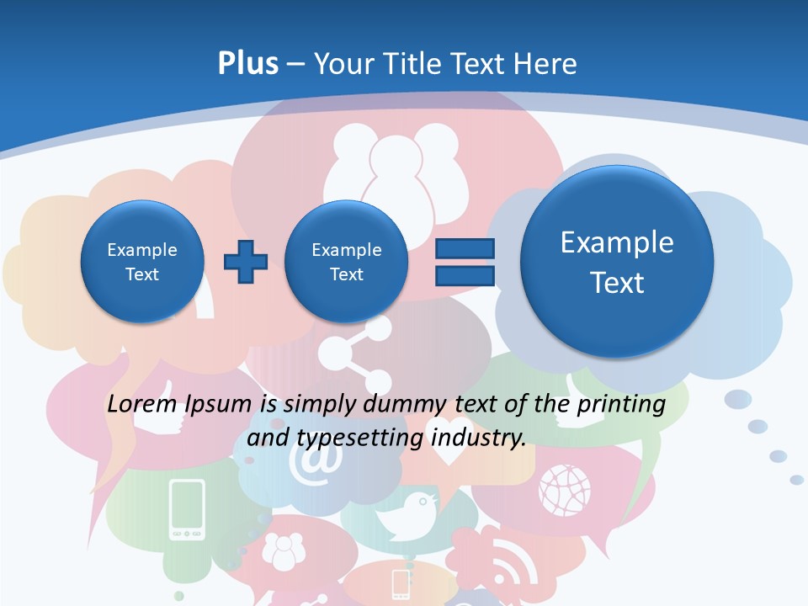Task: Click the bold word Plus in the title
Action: point(247,64)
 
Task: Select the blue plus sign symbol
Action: point(246,262)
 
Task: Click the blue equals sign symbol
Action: point(465,262)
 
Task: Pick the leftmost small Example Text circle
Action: point(142,262)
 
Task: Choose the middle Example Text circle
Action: point(346,262)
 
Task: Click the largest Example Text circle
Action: point(617,262)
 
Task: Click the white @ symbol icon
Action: point(316,462)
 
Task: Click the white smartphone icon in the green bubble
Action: point(187,509)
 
